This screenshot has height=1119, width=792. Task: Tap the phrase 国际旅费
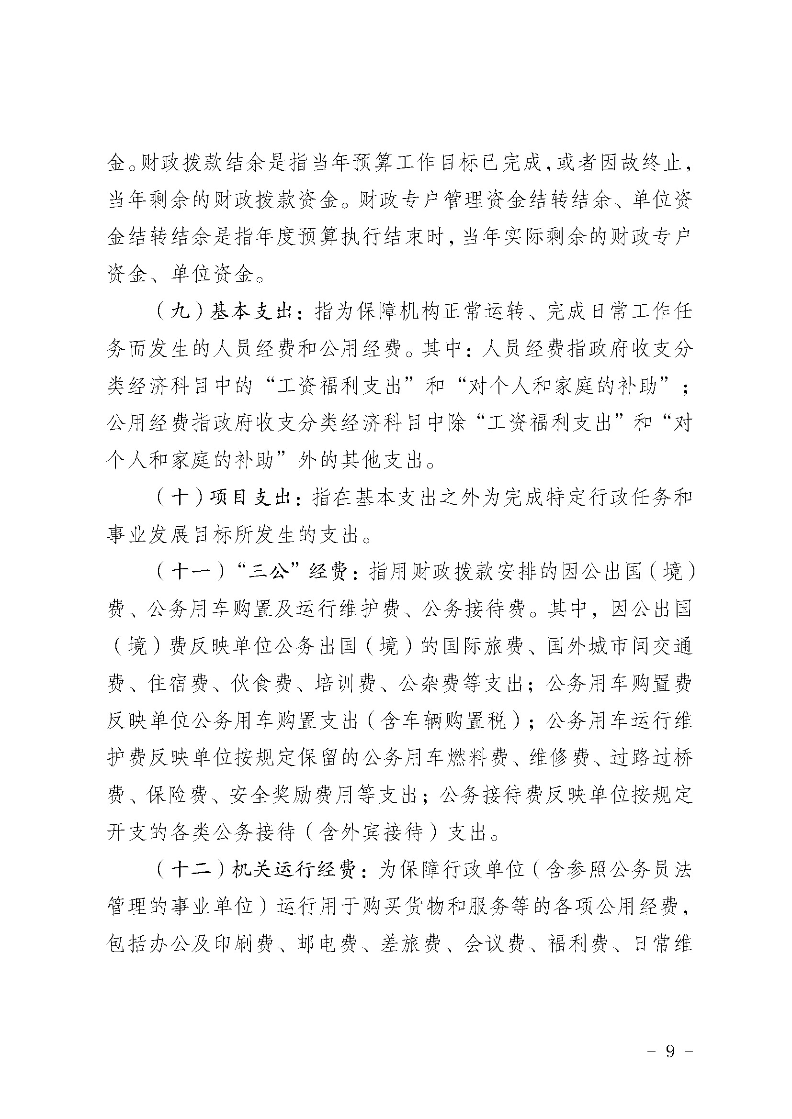click(x=484, y=647)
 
